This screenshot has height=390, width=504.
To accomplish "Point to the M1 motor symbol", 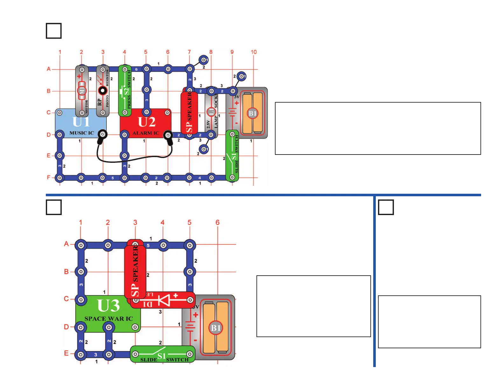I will (82, 90).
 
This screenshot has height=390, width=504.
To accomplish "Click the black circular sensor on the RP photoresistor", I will (102, 90).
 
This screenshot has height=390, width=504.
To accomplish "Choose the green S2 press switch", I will (125, 91).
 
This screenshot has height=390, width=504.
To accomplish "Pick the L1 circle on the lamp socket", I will (211, 112).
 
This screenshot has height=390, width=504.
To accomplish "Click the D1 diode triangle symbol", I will (165, 300).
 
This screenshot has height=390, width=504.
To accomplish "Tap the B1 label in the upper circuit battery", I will (252, 113).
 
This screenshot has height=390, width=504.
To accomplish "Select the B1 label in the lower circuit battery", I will (215, 328).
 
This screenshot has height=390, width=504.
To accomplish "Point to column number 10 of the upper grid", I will (254, 52).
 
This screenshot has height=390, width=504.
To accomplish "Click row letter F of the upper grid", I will (49, 177).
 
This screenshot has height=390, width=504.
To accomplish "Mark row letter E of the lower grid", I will (66, 353).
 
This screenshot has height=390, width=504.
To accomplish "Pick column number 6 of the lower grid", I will (218, 222).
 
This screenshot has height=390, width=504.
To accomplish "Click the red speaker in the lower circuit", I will (135, 271).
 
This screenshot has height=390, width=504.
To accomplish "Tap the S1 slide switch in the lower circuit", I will (162, 355).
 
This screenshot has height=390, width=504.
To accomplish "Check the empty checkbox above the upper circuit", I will (54, 31).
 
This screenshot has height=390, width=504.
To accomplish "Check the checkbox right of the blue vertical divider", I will (386, 207).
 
